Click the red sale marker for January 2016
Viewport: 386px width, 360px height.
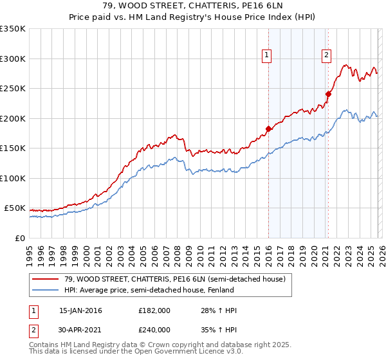(268, 129)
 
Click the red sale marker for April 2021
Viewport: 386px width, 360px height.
(328, 94)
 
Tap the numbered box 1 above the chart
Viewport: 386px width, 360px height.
(266, 56)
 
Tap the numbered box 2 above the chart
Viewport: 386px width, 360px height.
(327, 56)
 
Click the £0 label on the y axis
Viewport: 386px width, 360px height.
(19, 238)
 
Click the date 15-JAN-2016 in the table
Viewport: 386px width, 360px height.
(80, 310)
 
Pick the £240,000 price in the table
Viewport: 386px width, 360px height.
(154, 329)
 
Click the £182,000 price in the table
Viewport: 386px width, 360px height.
(154, 310)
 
